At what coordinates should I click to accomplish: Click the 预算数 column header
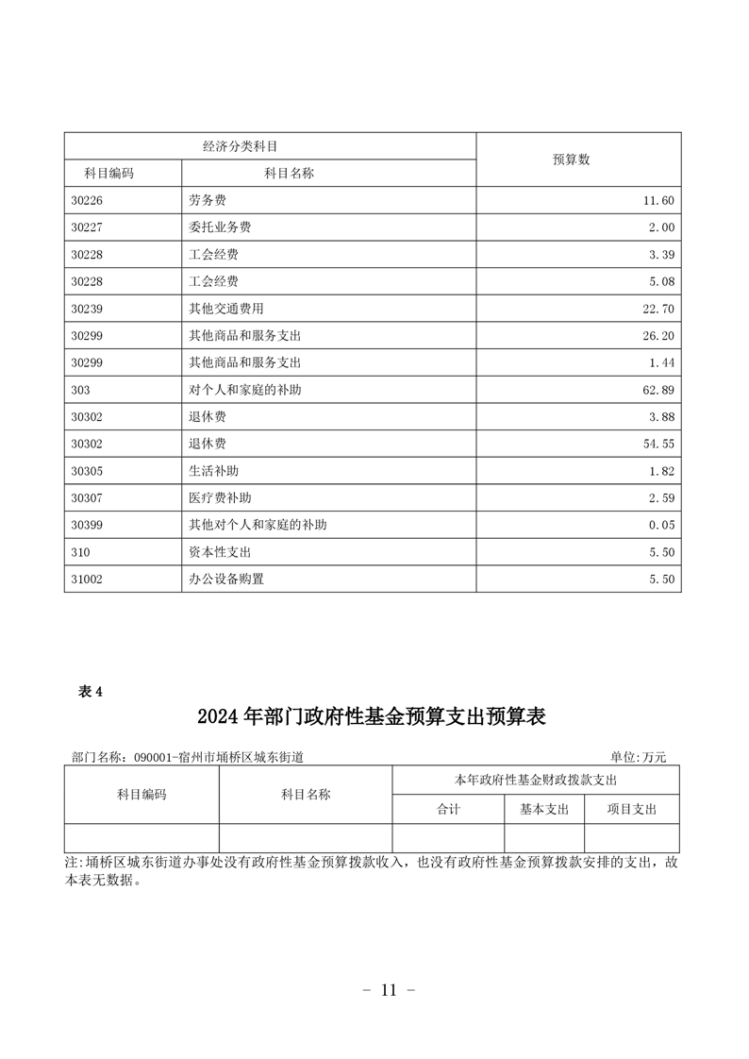click(571, 160)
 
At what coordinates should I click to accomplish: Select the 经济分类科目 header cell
click(245, 146)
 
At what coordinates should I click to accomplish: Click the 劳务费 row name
click(208, 201)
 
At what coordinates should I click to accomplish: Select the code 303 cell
click(81, 390)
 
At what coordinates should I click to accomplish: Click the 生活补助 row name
click(214, 471)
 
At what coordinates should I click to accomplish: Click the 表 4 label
click(90, 692)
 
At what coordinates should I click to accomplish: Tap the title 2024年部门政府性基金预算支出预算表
click(372, 717)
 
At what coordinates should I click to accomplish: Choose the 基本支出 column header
click(544, 809)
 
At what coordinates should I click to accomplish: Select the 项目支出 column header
click(631, 809)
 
